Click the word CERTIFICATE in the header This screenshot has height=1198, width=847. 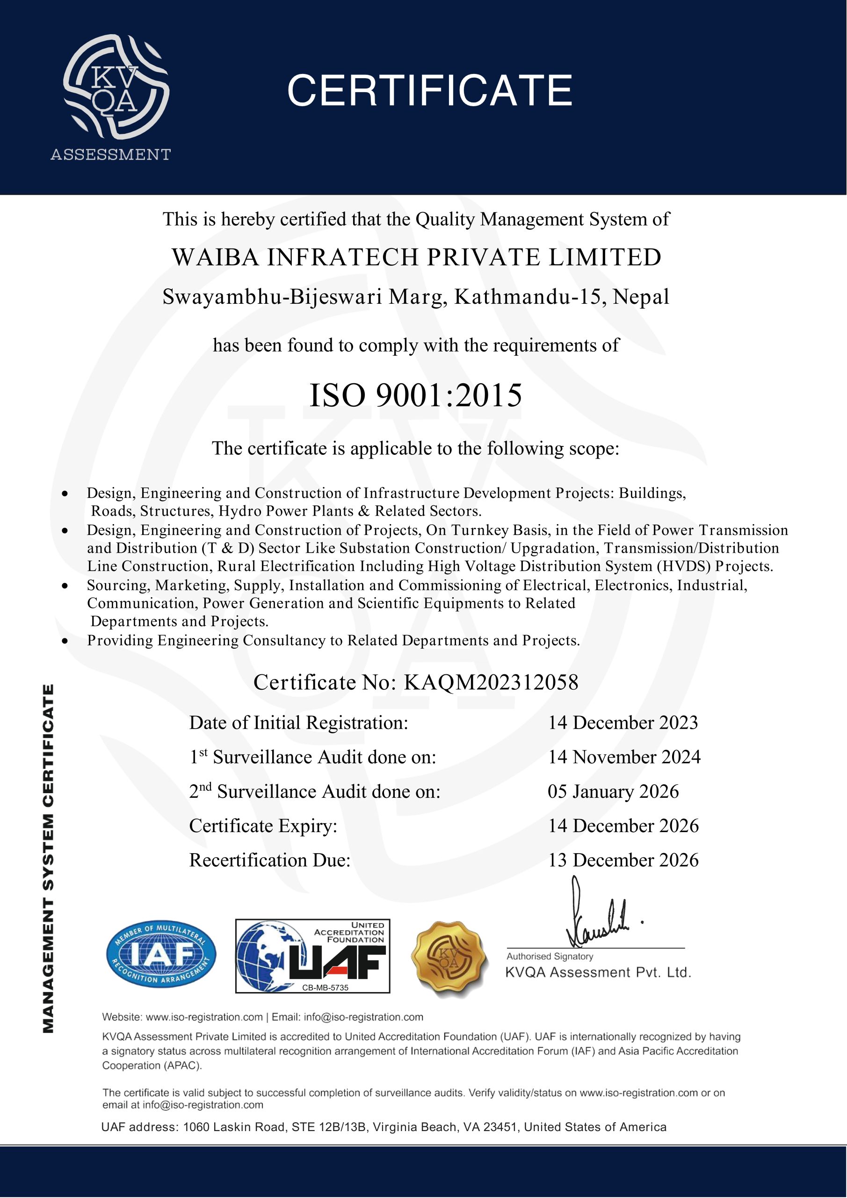430,90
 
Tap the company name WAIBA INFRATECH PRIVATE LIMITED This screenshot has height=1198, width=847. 417,257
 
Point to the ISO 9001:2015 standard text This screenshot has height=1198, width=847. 416,395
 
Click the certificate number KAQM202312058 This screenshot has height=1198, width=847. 491,682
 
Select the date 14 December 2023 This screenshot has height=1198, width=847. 623,723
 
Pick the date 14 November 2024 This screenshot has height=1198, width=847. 624,757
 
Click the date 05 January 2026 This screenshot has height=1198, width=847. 613,791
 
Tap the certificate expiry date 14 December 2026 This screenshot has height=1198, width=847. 623,826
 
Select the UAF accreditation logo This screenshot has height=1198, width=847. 312,956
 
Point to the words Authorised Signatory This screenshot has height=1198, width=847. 550,957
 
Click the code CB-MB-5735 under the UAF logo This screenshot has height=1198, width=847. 325,987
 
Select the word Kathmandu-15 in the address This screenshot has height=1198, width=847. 530,297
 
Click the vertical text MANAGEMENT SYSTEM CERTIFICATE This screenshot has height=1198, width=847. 49,858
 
